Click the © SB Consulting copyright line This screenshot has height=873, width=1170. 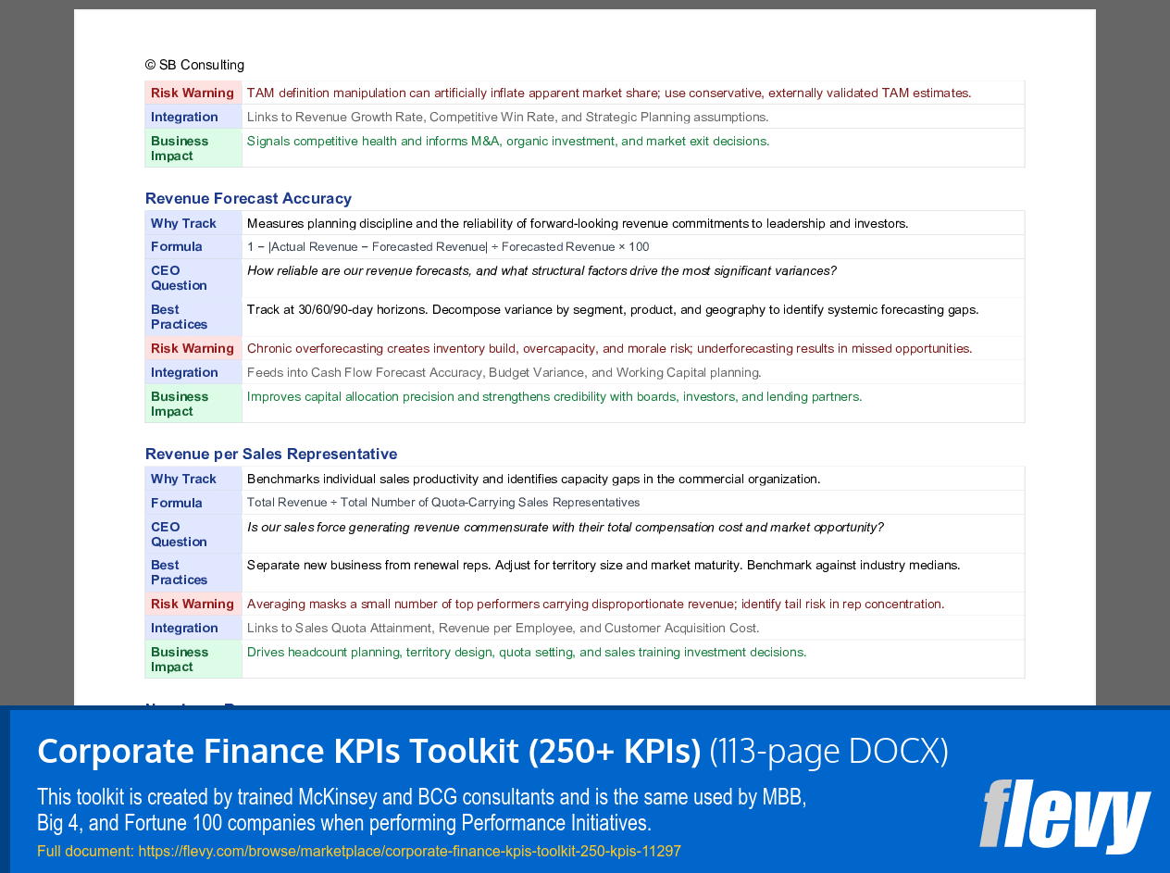pos(194,65)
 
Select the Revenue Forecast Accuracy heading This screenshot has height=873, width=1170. pos(248,198)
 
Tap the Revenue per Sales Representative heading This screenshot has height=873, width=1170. pos(271,454)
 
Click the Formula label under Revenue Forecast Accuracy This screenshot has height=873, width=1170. pos(177,246)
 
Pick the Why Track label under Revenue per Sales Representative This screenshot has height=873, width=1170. pos(183,479)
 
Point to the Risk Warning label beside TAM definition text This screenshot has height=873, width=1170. pos(193,93)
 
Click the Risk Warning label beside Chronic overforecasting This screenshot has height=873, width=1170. pos(193,348)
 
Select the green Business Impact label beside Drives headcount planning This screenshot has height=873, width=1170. pos(180,659)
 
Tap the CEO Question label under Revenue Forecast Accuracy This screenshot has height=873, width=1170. pos(179,278)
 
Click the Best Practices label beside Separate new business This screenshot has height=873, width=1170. pos(179,572)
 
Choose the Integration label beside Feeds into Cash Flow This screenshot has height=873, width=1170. pos(184,372)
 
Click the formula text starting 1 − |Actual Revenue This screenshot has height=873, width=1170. pos(448,246)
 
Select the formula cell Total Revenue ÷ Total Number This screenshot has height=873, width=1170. pos(443,503)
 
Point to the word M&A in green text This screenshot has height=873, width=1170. pos(485,141)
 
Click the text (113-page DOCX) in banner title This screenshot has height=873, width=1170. pos(828,751)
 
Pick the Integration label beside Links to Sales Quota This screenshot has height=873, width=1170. pos(184,628)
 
